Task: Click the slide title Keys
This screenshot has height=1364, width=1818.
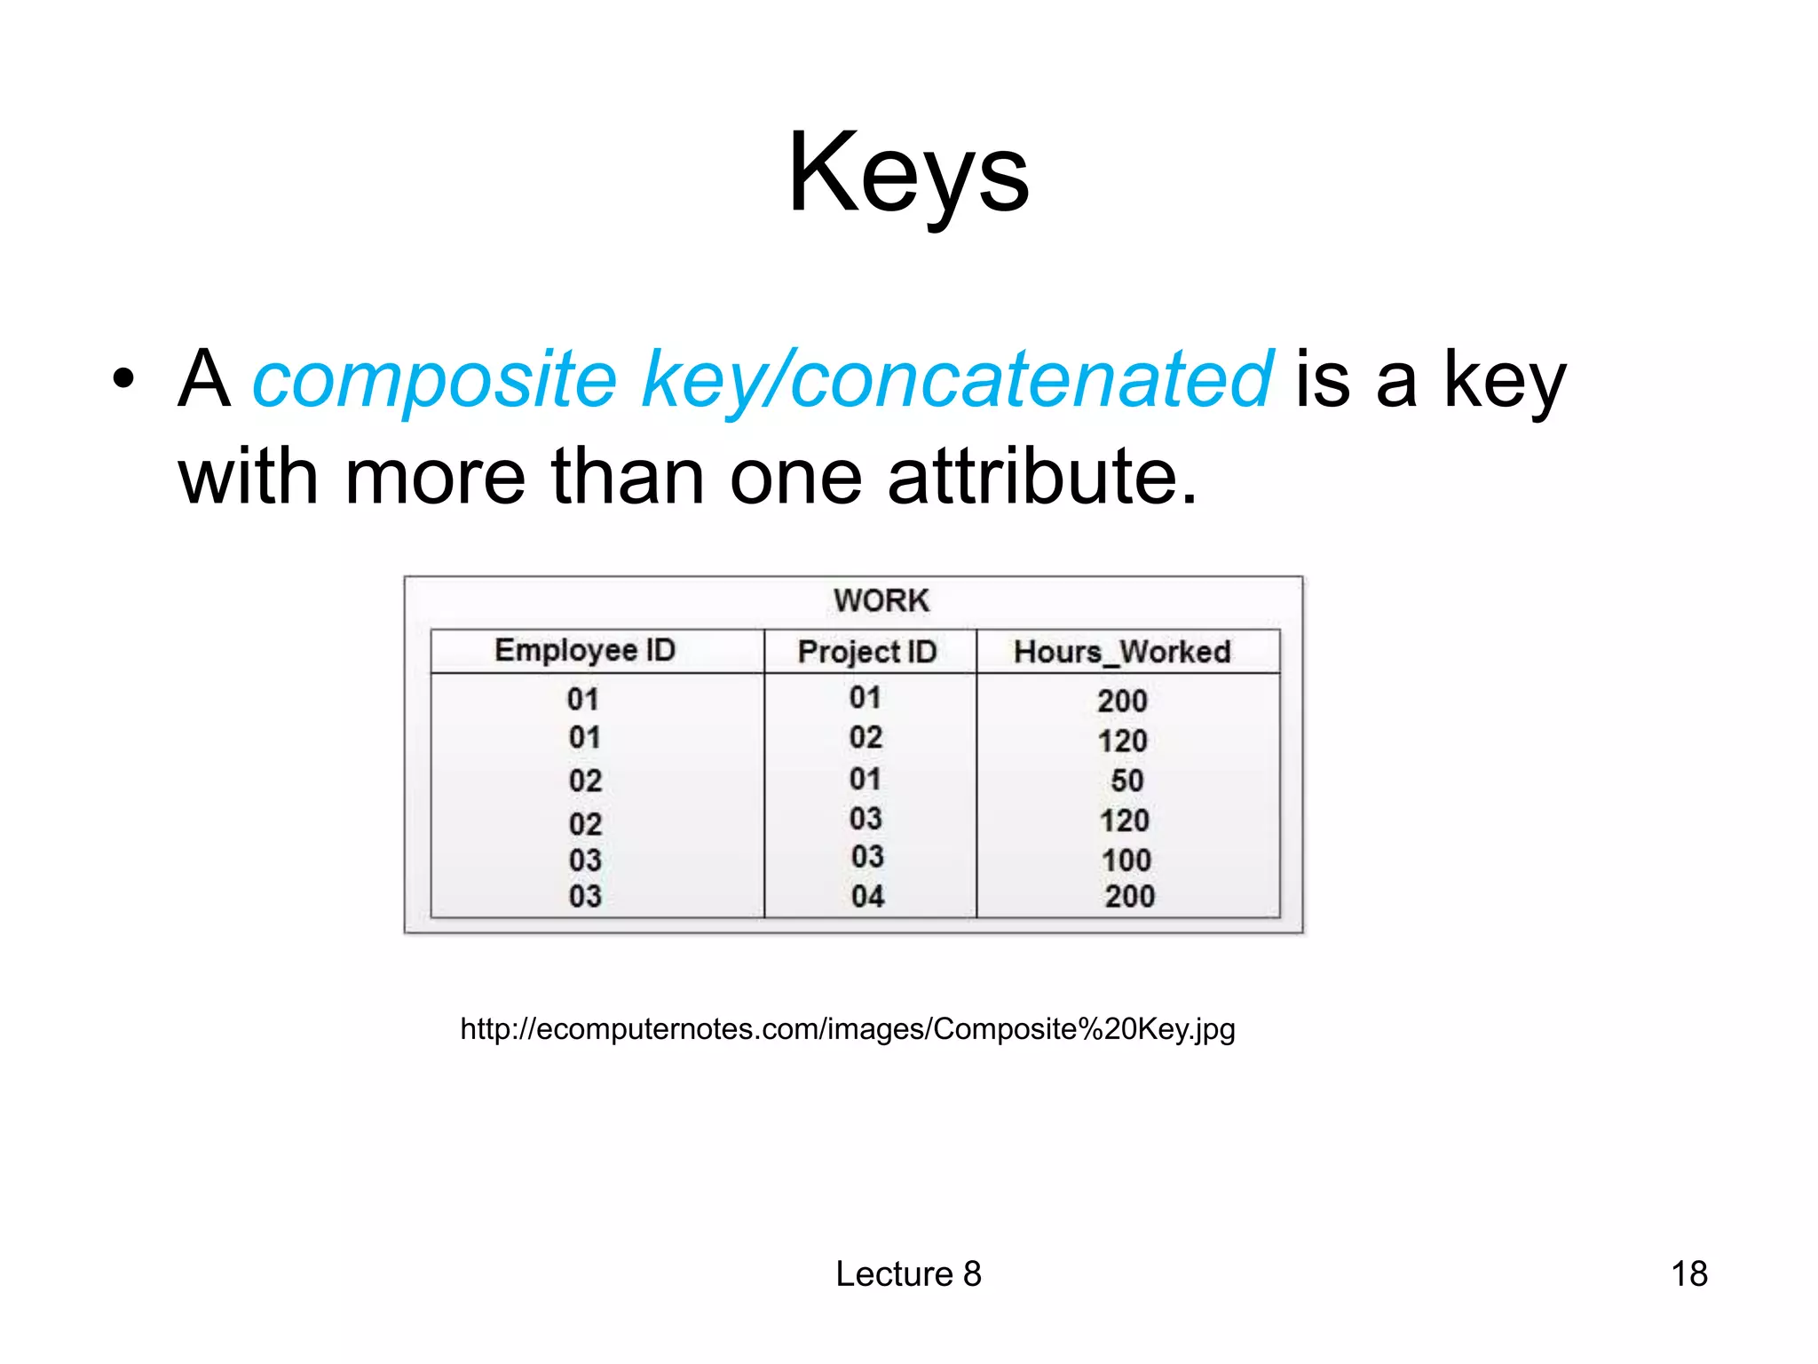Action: tap(908, 173)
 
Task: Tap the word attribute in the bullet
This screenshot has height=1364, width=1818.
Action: tap(1042, 478)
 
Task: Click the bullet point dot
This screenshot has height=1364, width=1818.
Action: tap(124, 380)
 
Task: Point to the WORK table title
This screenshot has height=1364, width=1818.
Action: tap(881, 601)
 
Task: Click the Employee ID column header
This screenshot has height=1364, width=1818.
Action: tap(585, 650)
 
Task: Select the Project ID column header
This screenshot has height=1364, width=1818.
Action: tap(867, 652)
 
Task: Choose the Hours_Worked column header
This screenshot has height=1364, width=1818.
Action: tap(1122, 652)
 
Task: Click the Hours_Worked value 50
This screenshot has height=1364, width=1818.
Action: tap(1126, 781)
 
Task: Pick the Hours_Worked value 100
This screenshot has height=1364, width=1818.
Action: tap(1126, 860)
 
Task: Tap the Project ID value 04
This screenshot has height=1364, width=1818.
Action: tap(867, 896)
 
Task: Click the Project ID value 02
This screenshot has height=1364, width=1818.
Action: tap(866, 737)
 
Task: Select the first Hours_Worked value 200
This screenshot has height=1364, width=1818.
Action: tap(1122, 701)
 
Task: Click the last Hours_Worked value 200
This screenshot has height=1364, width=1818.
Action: tap(1129, 896)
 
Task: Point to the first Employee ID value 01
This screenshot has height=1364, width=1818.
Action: tap(583, 699)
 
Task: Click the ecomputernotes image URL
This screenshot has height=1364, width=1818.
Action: tap(847, 1029)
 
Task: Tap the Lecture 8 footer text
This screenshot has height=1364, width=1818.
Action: tap(908, 1273)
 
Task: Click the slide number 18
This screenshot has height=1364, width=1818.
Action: tap(1688, 1273)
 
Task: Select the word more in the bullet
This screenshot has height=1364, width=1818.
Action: tap(435, 478)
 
